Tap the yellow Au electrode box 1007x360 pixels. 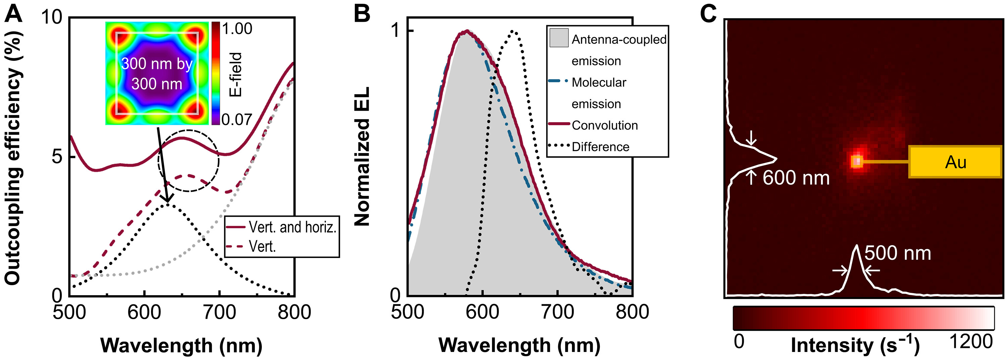click(955, 162)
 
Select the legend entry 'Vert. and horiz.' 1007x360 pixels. click(292, 227)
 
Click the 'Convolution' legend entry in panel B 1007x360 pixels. click(604, 125)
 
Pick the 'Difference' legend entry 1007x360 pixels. click(600, 147)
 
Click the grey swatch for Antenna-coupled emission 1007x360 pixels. click(559, 38)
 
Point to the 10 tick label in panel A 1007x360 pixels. click(52, 17)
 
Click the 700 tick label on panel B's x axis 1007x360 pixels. click(558, 312)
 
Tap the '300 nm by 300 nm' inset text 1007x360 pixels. click(157, 73)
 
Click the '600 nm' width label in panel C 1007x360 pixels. click(796, 178)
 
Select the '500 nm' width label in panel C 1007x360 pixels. click(898, 253)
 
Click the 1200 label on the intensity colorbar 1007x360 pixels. click(971, 342)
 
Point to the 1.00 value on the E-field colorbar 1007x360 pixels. click(237, 29)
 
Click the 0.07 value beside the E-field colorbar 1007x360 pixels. click(237, 119)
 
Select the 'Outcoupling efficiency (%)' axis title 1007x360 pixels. click(13, 156)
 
